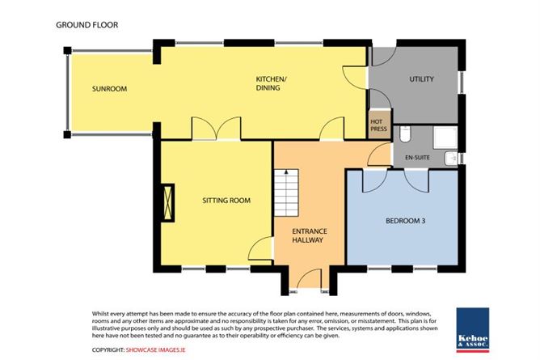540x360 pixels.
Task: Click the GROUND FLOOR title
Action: click(86, 25)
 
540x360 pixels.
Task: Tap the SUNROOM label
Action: click(109, 89)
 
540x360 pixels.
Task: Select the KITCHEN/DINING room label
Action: click(271, 83)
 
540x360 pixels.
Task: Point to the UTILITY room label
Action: click(421, 79)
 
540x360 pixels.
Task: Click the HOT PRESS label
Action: click(378, 125)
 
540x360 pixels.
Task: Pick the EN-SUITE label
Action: click(417, 158)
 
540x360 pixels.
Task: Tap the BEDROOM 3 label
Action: click(405, 221)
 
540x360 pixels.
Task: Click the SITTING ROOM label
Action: click(226, 201)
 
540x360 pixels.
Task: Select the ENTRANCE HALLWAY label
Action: click(310, 235)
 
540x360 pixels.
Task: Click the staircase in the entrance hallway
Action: click(286, 193)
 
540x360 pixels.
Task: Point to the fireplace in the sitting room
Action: click(168, 202)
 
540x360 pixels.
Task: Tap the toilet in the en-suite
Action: click(405, 134)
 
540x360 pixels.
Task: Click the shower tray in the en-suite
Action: click(445, 138)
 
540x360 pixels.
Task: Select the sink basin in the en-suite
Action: click(451, 159)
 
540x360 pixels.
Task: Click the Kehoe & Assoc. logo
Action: click(473, 330)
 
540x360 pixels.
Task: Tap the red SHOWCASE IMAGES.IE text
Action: click(156, 350)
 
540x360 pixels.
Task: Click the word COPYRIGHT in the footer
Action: click(108, 350)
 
